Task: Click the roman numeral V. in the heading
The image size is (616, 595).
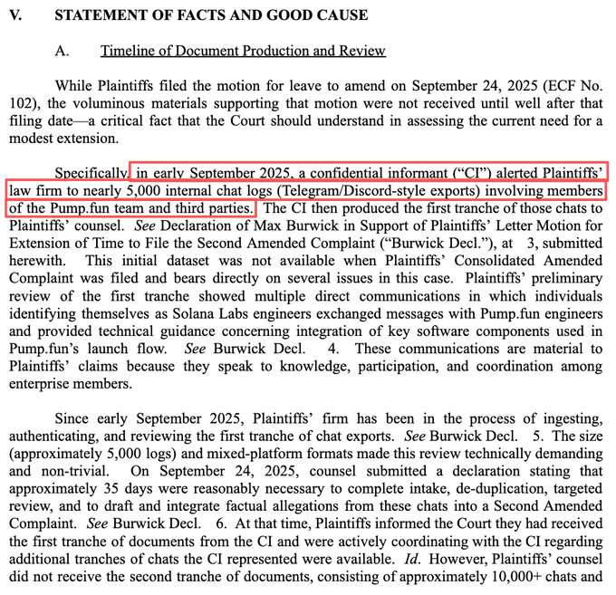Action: point(15,15)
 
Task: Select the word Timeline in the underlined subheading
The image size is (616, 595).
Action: point(128,51)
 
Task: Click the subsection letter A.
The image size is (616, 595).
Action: point(62,51)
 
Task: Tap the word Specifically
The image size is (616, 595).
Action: point(91,173)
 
